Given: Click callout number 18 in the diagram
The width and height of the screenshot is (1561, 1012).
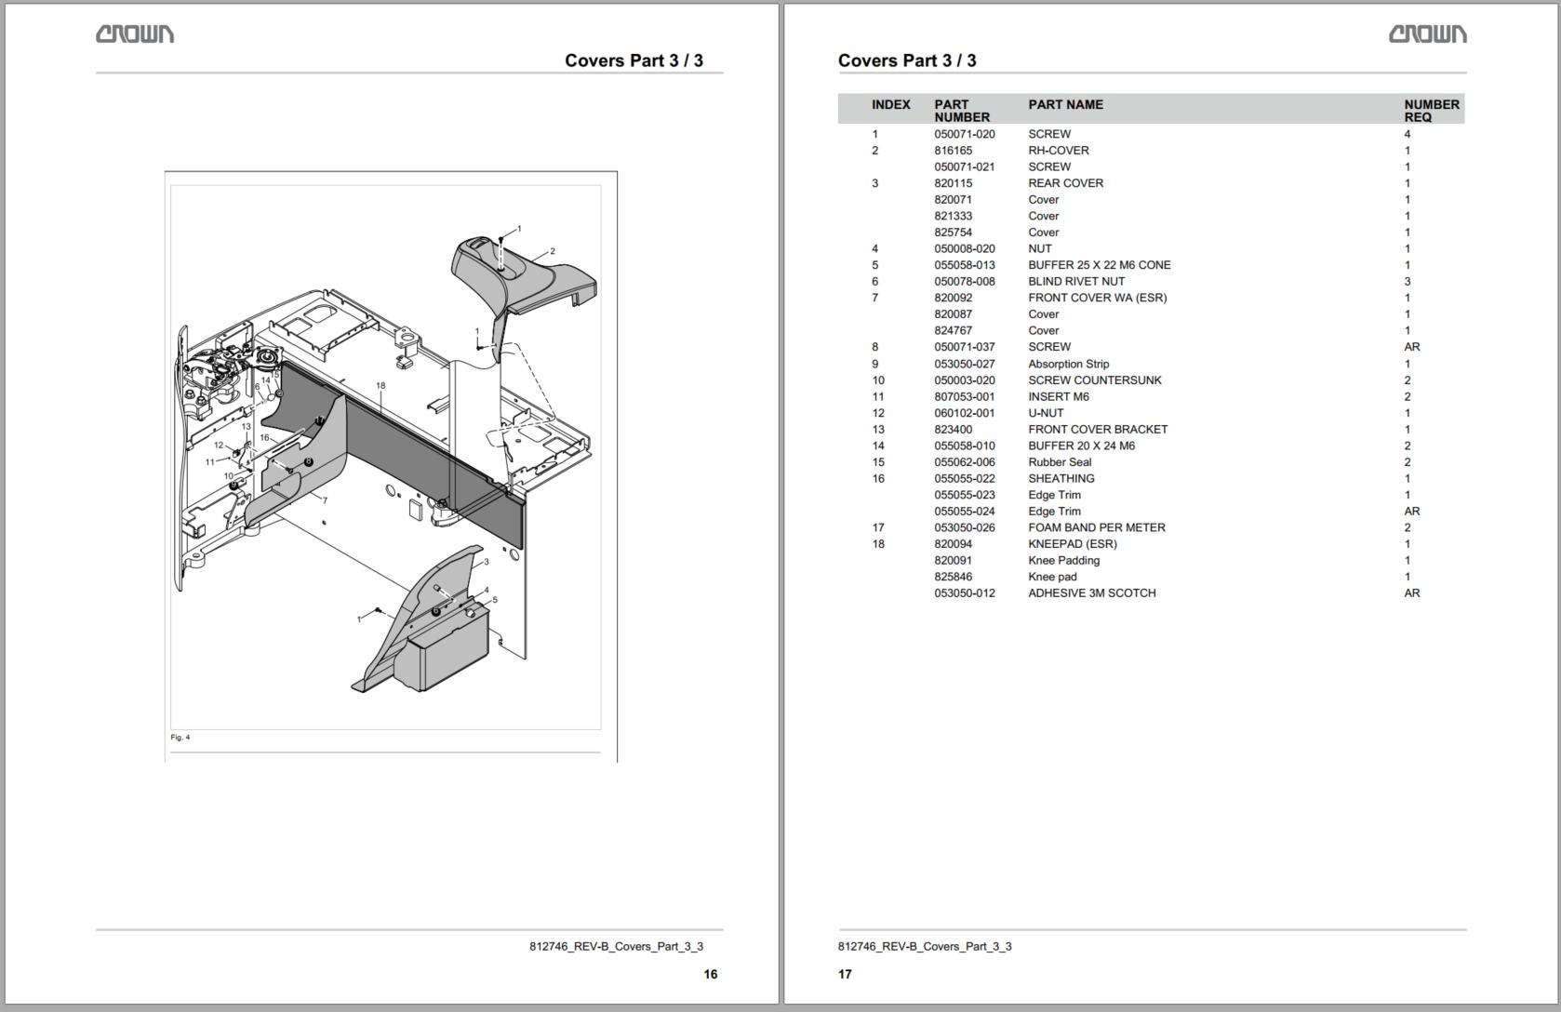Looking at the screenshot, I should [x=380, y=385].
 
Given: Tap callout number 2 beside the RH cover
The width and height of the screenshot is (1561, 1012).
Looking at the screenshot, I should [x=553, y=251].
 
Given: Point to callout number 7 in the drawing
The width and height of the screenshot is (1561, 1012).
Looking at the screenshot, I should [x=325, y=500].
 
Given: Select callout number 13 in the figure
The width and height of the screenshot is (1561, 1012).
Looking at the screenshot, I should [x=247, y=427].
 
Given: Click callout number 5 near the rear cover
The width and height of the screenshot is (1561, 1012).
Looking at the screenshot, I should [x=495, y=600].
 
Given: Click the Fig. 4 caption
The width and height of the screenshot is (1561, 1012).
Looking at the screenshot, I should [x=180, y=738].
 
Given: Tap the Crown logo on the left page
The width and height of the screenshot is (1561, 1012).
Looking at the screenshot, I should [x=135, y=34].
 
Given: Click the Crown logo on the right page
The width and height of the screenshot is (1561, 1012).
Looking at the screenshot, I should [x=1427, y=34].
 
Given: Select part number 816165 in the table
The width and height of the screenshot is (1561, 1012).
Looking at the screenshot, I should [x=953, y=151].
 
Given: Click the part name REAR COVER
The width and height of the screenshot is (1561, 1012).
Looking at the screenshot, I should [x=1065, y=183].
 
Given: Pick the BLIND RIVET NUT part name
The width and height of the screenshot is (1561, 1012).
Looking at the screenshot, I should [x=1075, y=282].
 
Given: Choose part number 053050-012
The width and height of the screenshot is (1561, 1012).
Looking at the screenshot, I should [x=964, y=593].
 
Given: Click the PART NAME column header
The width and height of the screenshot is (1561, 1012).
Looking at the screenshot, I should [x=1065, y=105].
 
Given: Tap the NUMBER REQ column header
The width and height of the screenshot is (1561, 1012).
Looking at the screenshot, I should [x=1431, y=111].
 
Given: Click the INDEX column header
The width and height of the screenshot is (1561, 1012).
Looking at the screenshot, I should [x=890, y=105].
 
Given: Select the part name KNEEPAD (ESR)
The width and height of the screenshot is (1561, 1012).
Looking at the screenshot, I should [x=1072, y=544].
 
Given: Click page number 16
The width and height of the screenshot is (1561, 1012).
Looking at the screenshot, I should [x=710, y=974].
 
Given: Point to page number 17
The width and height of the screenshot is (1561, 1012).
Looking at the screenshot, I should [x=845, y=974].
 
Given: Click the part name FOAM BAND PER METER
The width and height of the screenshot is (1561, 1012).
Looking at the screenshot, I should [x=1096, y=527].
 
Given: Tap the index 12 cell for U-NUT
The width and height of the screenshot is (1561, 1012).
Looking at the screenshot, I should [x=877, y=413].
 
